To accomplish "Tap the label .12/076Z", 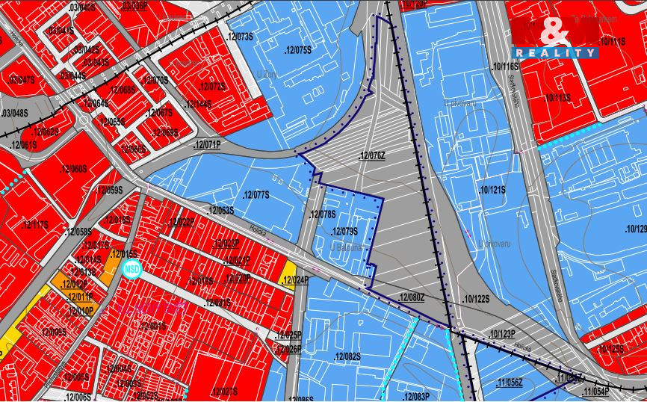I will coord(372,155).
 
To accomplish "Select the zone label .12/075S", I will coord(297,50).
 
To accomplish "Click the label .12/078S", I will coord(323,215).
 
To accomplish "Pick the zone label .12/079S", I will coord(344,231).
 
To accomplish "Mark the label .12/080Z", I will coord(412,297).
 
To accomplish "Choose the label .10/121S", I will coord(493,190).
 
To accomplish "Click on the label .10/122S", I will coord(477,299).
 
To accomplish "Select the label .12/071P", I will coord(207,143).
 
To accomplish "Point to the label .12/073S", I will coord(241,35).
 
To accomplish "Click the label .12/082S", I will coord(347,356).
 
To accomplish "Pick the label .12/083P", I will coord(416,396).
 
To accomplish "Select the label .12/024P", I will coord(296,280).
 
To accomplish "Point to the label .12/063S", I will coord(220,210).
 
